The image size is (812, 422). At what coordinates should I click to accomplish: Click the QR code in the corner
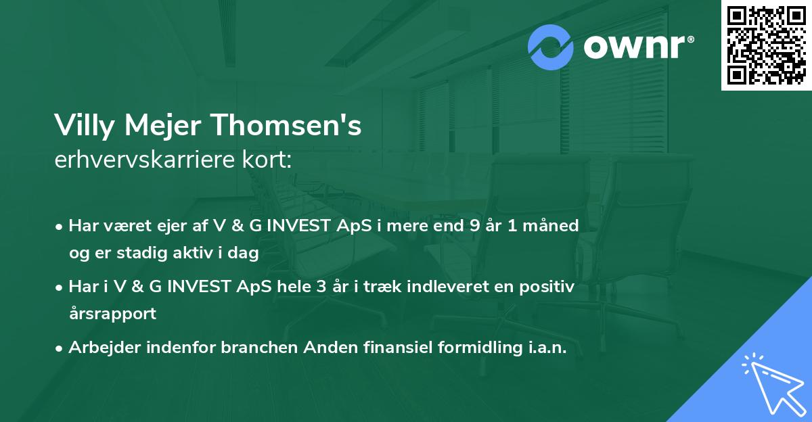tap(766, 45)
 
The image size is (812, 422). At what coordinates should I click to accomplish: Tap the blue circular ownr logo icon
tap(551, 47)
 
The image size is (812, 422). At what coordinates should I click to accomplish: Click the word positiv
tap(548, 287)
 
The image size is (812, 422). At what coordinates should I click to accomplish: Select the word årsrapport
tap(112, 313)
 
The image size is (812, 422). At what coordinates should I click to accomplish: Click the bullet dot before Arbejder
tap(60, 348)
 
